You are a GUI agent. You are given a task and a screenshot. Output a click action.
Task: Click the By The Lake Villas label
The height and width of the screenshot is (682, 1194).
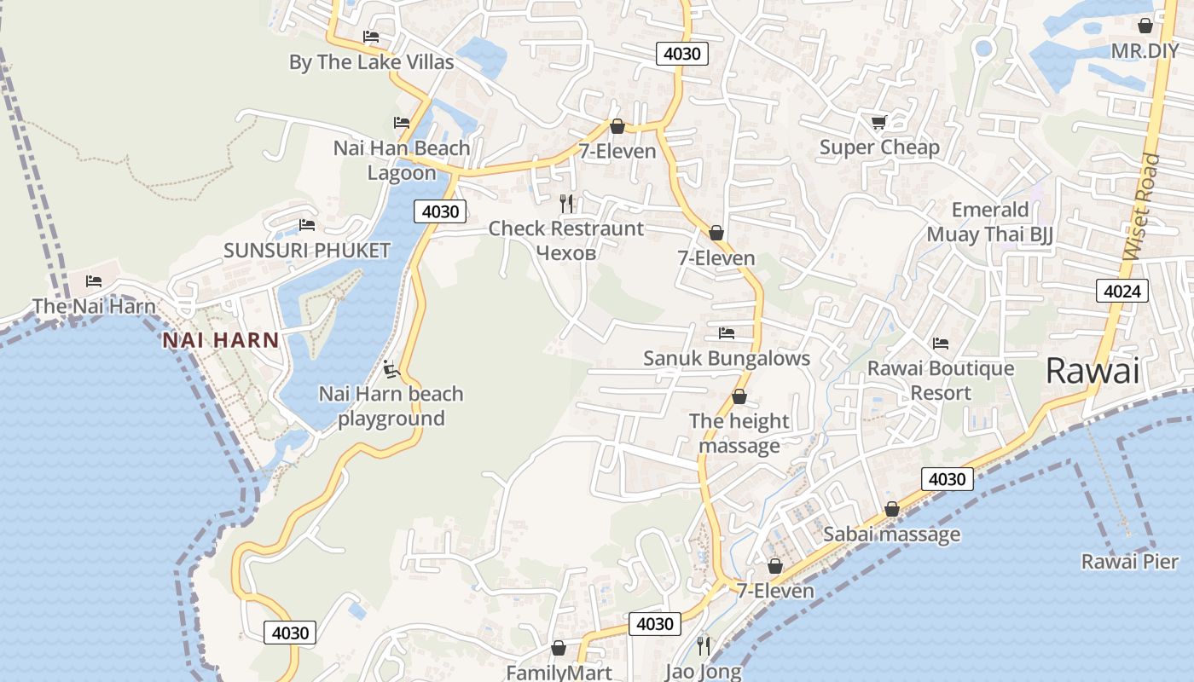pos(371,62)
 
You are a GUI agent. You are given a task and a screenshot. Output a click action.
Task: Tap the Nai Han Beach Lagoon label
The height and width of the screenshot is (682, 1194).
pos(402,160)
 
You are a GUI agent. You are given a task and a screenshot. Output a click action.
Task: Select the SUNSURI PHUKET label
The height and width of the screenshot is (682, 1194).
pos(307,251)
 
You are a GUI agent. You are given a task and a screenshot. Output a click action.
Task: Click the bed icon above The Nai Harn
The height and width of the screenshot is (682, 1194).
pos(94,281)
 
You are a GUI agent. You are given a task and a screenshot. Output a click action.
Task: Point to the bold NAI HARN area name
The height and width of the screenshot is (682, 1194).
pos(221,340)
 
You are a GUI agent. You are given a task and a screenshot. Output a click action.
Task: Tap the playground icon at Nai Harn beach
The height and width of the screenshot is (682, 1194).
pos(391,369)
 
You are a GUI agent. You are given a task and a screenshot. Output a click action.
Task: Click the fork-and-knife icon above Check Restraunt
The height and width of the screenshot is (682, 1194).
pos(566,203)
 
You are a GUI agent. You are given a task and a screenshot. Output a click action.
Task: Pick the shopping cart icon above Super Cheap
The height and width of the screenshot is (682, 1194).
pos(878,123)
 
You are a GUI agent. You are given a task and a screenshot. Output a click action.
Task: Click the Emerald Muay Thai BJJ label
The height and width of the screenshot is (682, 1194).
pos(990,222)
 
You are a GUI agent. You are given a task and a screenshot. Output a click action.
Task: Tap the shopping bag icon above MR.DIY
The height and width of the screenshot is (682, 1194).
pos(1145,26)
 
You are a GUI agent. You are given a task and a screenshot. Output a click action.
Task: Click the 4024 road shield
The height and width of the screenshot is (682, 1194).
pos(1122,292)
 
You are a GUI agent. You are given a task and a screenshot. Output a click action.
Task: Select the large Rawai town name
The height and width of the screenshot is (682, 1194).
pos(1093,371)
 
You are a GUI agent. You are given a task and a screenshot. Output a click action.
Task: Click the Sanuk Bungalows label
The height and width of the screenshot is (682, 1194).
pos(727,358)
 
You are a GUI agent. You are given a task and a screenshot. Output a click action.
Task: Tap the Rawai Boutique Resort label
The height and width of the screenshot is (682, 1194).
pos(941,380)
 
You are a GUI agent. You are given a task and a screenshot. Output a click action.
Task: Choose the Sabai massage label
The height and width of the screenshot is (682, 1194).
pos(891,535)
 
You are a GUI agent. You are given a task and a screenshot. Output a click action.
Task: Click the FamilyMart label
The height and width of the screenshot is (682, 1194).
pos(559,673)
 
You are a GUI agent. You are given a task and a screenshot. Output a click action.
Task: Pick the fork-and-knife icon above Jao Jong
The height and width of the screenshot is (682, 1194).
pos(703,645)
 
